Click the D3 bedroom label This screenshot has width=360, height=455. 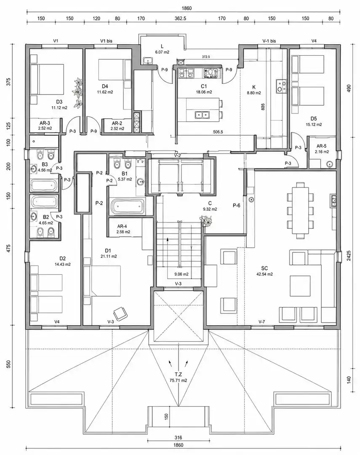coord(59,102)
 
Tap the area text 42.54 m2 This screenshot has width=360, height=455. coord(264,274)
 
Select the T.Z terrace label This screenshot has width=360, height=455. coord(179,375)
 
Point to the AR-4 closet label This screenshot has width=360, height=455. coord(123,226)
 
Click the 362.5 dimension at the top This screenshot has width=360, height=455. coord(180,19)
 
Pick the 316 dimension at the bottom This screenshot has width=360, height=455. coord(179,438)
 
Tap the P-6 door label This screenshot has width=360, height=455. coord(237,206)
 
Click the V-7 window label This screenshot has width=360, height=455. coord(261,321)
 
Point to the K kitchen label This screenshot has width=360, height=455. coord(254,87)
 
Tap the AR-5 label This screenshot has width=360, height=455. coord(321,146)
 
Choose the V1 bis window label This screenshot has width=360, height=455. coord(106,41)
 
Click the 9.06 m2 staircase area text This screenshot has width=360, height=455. coord(181,274)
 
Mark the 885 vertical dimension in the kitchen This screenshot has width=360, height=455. coord(263,107)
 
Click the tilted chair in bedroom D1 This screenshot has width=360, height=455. coord(121,313)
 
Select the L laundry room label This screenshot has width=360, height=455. coord(162,46)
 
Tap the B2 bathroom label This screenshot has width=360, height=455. coord(46,217)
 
